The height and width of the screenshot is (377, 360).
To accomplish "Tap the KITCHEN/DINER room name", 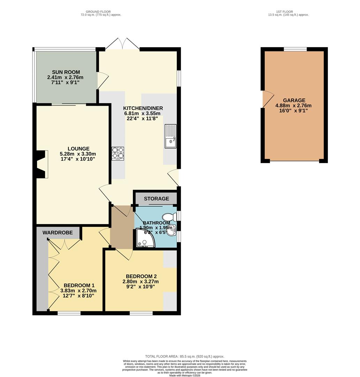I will [x=143, y=108].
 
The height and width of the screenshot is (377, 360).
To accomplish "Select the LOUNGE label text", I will [x=78, y=148].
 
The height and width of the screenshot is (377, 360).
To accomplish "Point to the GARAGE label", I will [x=294, y=100].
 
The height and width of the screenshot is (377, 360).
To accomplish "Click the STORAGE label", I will [x=156, y=199].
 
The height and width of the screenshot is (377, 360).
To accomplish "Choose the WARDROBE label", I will [x=57, y=232].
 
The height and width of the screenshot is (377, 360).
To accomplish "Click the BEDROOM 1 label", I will [x=79, y=285].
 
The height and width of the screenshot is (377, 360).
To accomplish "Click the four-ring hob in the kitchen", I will [x=118, y=154].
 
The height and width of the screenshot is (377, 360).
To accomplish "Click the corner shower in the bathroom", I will [x=144, y=238].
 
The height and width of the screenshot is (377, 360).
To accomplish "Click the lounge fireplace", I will [x=42, y=164].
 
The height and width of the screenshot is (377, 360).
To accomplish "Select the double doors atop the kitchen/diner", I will [x=122, y=44].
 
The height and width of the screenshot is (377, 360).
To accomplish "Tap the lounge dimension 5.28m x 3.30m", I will [x=78, y=154].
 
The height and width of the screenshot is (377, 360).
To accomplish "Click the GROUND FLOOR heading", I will [x=100, y=12].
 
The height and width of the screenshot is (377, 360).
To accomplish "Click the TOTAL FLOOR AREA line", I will [x=185, y=356].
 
